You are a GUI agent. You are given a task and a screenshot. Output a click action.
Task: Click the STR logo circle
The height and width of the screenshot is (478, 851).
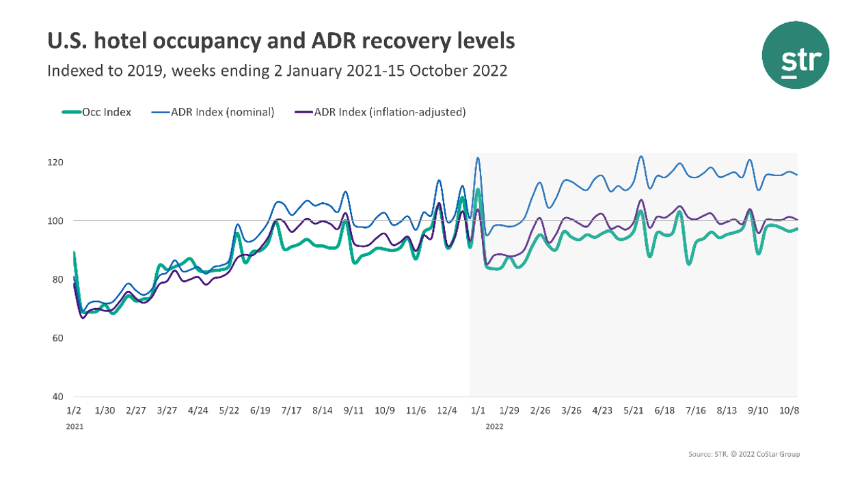coord(795,55)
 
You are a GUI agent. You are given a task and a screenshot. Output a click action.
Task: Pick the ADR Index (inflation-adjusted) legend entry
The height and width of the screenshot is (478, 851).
coord(383,113)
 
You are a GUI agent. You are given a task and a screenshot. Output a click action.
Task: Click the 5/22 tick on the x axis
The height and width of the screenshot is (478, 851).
coord(229,410)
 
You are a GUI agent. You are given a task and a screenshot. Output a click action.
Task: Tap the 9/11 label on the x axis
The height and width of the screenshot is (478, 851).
coord(354,410)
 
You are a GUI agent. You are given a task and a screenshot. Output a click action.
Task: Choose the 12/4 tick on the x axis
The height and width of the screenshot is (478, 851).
coord(447,410)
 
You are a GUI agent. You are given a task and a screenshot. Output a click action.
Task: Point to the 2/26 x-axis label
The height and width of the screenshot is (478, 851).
coord(540,410)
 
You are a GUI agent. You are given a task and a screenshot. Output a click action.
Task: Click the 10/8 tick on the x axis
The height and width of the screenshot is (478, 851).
coord(789,410)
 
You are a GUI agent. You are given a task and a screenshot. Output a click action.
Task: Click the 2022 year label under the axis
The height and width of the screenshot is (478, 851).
coord(494,426)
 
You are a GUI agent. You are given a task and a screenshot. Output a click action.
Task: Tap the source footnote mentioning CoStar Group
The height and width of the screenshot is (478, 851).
coord(744,454)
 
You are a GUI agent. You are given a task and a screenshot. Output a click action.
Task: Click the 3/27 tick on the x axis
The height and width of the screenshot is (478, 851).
coord(167,410)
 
